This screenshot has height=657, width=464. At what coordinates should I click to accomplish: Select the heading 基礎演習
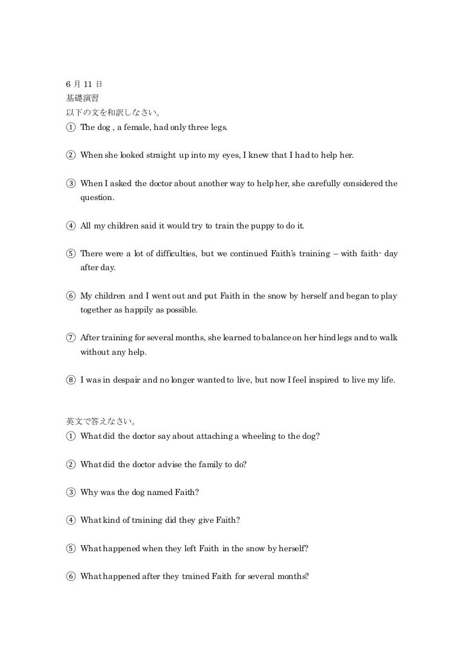point(82,97)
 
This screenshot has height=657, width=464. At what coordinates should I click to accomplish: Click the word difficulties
point(173,253)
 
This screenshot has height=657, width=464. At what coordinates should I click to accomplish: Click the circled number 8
point(71,381)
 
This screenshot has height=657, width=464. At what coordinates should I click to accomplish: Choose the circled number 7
point(71,338)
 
